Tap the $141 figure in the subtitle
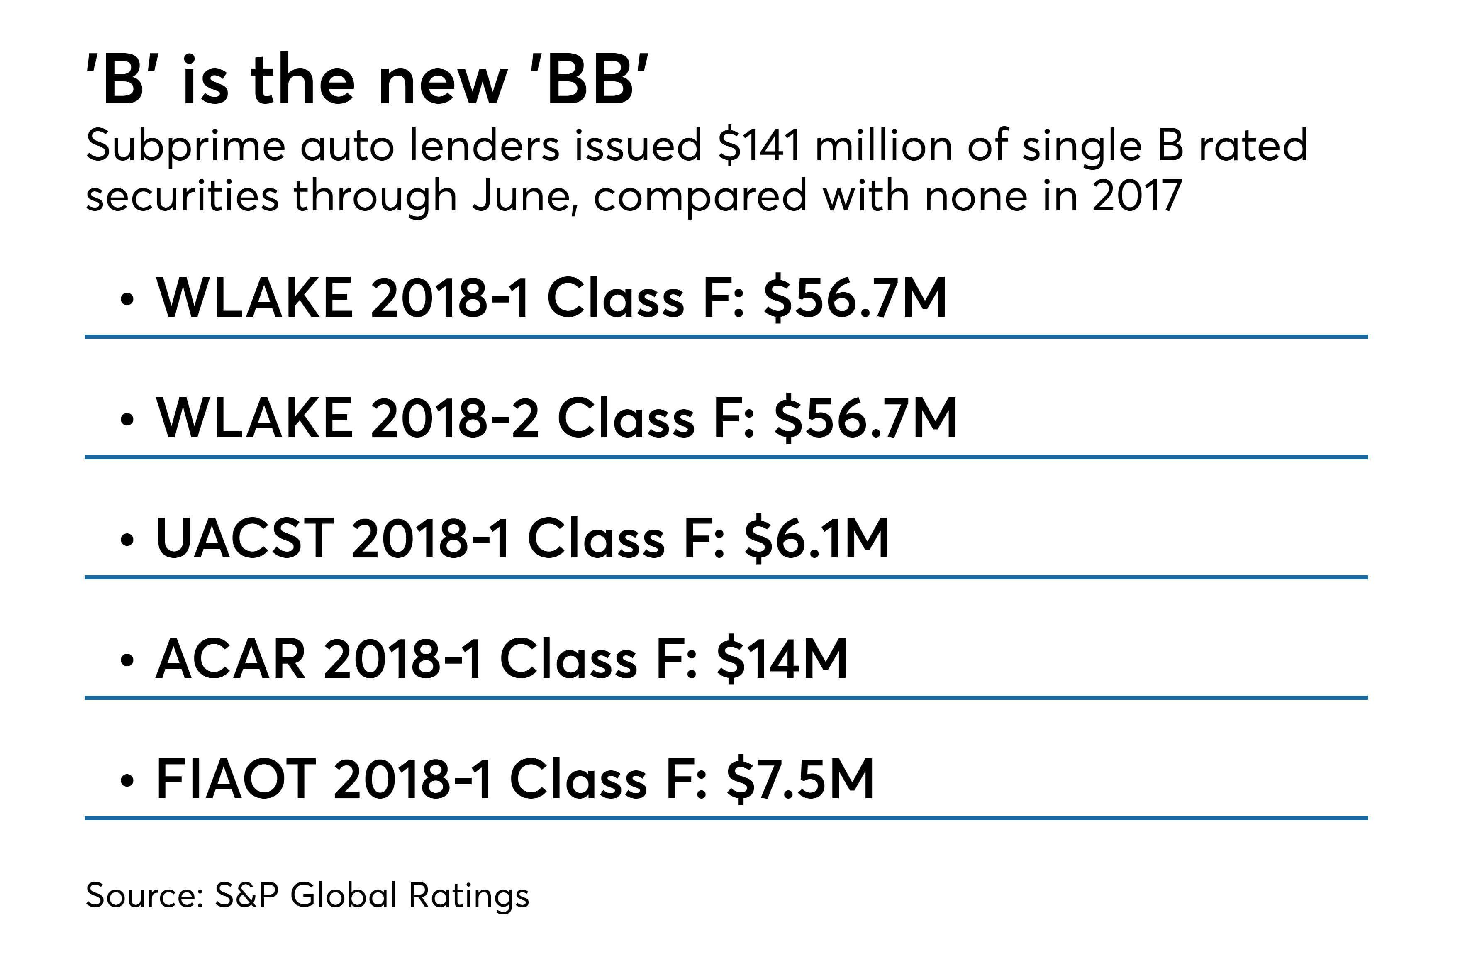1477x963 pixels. click(x=758, y=146)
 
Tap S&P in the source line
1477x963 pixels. click(x=246, y=895)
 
